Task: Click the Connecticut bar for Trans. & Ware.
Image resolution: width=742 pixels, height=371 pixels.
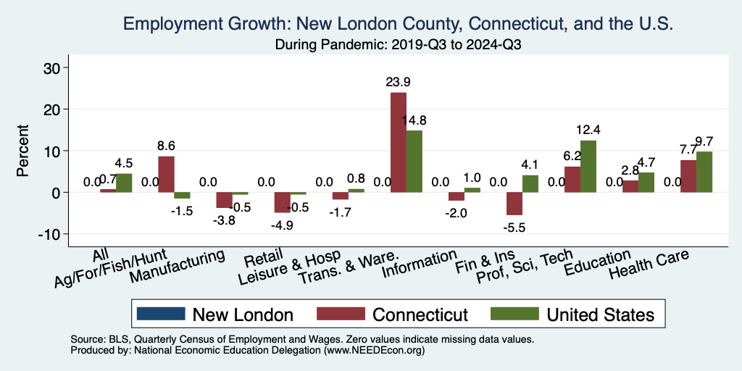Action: (x=399, y=142)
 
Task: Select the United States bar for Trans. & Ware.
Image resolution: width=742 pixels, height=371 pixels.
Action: (x=414, y=161)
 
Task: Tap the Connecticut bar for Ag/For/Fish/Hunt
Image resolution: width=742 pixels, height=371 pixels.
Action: (x=166, y=174)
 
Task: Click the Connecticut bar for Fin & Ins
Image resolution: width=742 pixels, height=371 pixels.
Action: (x=514, y=204)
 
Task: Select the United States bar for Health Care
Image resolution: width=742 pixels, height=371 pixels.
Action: (x=704, y=172)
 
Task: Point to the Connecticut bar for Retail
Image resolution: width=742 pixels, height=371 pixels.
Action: (x=282, y=202)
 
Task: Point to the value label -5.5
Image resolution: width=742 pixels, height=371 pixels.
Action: (x=514, y=227)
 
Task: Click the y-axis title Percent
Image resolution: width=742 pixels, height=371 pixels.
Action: (x=23, y=151)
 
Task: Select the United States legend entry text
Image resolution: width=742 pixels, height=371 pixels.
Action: (x=600, y=314)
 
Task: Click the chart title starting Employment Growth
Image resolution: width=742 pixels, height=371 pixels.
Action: (x=399, y=25)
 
